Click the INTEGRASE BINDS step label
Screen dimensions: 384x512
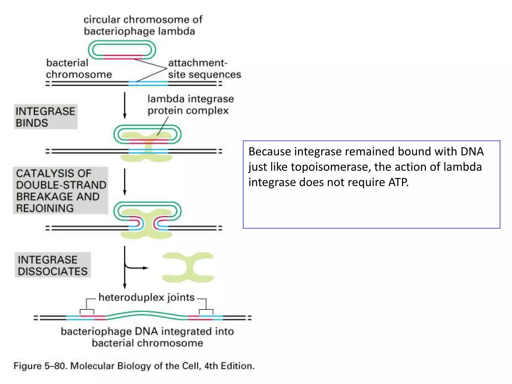pyautogui.click(x=45, y=117)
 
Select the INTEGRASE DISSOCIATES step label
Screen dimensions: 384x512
pyautogui.click(x=52, y=265)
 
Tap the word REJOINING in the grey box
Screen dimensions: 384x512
pyautogui.click(x=45, y=208)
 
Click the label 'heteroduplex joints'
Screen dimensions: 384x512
pyautogui.click(x=146, y=297)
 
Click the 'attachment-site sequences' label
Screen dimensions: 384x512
pyautogui.click(x=204, y=68)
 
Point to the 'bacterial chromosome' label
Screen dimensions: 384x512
pyautogui.click(x=78, y=68)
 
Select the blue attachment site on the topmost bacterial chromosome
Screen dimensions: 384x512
pyautogui.click(x=148, y=83)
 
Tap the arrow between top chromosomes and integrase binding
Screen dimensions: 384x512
pyautogui.click(x=125, y=105)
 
